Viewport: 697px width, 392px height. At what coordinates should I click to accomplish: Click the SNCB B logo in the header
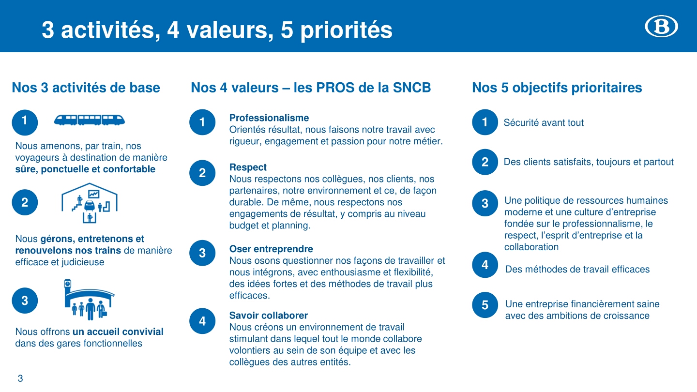tap(661, 26)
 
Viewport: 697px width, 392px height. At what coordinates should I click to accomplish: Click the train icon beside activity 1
tap(89, 120)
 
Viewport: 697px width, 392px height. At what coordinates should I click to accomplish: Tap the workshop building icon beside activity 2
tap(89, 203)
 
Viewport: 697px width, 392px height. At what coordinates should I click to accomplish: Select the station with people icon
tap(89, 300)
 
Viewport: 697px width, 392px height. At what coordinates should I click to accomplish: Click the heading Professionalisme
tap(269, 118)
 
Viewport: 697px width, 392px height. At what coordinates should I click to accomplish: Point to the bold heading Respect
tap(248, 167)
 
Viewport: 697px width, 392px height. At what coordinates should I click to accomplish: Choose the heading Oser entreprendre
tap(271, 249)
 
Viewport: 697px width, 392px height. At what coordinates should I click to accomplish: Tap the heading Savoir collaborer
tap(269, 316)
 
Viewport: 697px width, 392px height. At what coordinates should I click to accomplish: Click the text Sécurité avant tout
tap(544, 122)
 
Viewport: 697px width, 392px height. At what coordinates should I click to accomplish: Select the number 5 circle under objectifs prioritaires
tap(485, 305)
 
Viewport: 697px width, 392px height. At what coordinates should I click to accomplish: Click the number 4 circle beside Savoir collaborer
tap(202, 321)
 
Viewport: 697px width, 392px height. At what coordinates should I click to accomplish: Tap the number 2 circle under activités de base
tap(25, 202)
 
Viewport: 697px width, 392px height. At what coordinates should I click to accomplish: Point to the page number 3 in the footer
tap(20, 378)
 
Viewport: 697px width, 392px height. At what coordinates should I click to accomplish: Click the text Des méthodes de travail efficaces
tap(577, 269)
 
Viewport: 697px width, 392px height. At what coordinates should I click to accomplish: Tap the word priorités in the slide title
tap(346, 30)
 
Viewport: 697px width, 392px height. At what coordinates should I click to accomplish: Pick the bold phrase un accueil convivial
tap(118, 332)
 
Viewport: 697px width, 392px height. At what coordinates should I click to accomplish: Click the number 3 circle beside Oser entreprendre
tap(202, 253)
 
